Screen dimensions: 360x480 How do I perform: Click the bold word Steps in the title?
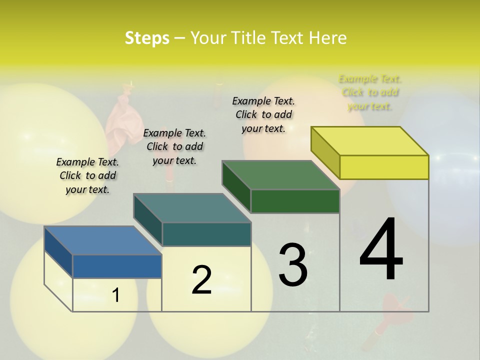coord(147,38)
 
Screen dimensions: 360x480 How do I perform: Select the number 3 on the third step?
coord(292,264)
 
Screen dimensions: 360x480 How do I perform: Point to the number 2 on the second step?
coord(201,279)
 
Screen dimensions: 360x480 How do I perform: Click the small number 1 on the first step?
coord(115,295)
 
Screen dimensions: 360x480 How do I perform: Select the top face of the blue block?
coord(103,240)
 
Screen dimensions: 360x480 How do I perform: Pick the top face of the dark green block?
coord(281,175)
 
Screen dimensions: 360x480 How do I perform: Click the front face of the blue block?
coord(117,266)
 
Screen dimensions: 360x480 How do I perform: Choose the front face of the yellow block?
coord(384,167)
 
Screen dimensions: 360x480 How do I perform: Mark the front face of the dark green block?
coord(295,201)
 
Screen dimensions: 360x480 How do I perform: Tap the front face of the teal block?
coord(206,234)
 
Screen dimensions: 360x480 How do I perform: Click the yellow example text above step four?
coord(370,92)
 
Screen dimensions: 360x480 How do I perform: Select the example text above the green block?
coord(263,114)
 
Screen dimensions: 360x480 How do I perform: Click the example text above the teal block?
coord(174,146)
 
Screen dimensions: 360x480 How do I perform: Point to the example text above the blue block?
coord(87,175)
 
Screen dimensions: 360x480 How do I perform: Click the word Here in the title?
coord(327,38)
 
